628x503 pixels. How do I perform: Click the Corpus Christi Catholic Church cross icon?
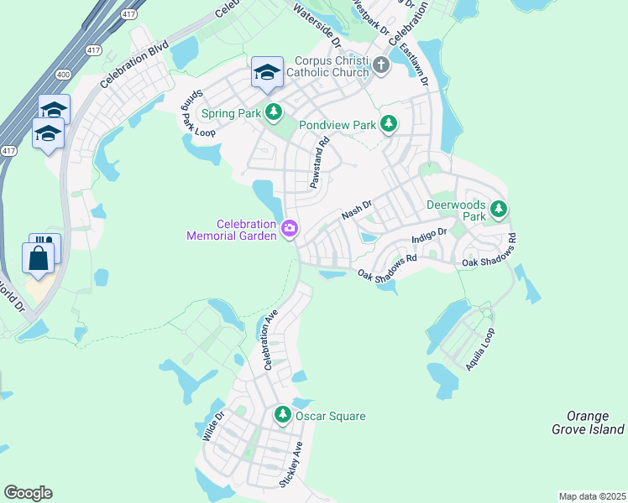pos(382,65)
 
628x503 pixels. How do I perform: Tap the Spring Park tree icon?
pos(274,111)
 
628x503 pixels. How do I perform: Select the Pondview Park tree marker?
pos(388,124)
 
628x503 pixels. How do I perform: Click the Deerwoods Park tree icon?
pos(499,208)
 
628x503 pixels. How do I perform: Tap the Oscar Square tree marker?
pos(283,415)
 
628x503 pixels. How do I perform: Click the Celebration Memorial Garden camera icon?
pos(290,228)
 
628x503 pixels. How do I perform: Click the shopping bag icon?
pos(39,257)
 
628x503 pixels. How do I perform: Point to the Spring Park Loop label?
pos(194,114)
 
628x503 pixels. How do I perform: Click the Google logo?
pos(28,493)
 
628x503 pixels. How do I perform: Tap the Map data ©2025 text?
pos(592,496)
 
